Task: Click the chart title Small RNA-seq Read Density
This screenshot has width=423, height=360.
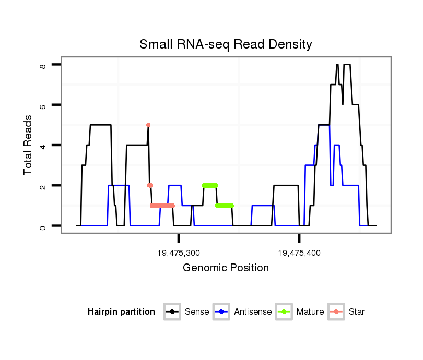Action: point(226,44)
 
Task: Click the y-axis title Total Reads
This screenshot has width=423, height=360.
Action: point(29,146)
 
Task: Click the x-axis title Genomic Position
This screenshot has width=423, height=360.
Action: point(226,268)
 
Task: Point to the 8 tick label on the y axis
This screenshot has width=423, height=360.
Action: point(43,65)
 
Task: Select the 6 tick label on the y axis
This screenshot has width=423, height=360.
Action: point(43,105)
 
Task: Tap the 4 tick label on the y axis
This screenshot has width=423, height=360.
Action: point(43,146)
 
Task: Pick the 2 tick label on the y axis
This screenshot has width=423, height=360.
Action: point(43,186)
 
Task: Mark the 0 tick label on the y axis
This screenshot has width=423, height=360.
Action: point(43,226)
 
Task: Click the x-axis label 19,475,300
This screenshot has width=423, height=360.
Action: point(179,253)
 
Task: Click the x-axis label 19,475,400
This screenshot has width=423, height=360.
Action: point(299,253)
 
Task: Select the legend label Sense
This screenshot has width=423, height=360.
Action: point(197,312)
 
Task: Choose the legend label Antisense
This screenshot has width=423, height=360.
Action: point(253,312)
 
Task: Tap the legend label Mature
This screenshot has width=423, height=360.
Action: point(310,312)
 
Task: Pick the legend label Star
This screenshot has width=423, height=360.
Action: point(357,312)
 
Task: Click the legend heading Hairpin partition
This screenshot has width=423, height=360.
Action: point(121,312)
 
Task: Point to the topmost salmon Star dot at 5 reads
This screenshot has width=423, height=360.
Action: point(148,125)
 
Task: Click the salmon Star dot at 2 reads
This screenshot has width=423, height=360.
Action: point(150,185)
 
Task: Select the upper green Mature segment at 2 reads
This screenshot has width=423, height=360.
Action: point(210,185)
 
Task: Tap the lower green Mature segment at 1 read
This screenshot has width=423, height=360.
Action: point(225,206)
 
